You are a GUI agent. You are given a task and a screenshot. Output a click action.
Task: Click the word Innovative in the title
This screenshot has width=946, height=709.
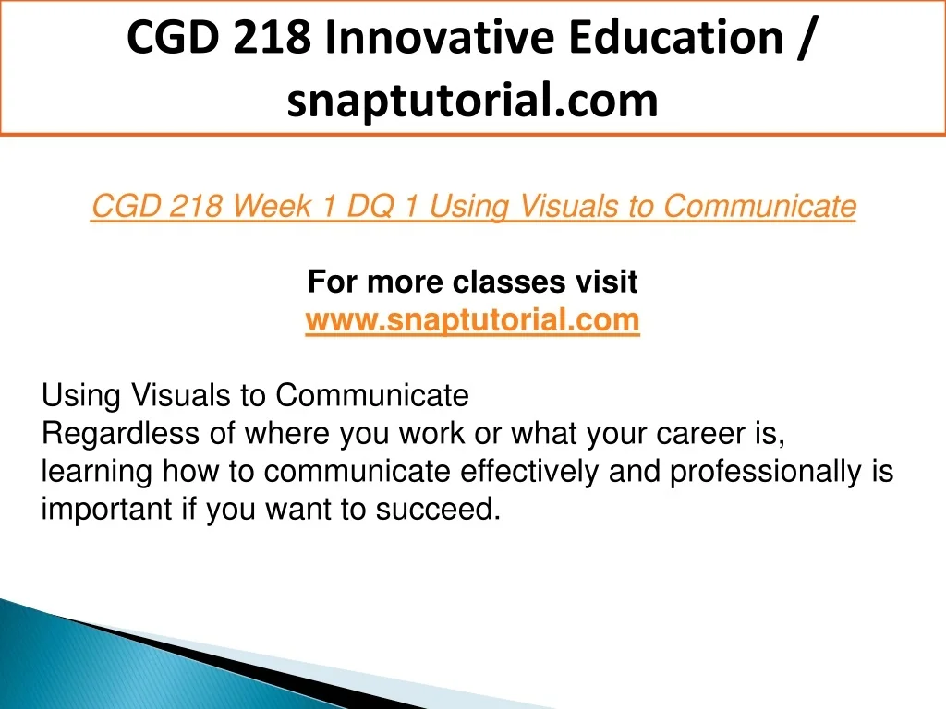point(439,37)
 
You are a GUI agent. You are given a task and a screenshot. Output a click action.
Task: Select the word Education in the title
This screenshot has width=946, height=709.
point(675,37)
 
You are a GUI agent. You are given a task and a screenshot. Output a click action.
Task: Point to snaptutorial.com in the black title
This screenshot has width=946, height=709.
point(472,100)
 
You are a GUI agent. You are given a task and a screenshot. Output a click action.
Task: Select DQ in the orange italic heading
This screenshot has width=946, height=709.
point(370,206)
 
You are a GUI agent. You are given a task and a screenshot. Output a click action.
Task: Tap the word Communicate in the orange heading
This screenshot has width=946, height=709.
point(759,206)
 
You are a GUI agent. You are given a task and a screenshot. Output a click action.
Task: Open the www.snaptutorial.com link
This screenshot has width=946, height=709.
point(472,319)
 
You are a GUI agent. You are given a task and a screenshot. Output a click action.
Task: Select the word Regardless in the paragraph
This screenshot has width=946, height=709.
point(120,434)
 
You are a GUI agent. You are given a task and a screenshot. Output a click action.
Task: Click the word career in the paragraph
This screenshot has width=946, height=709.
point(701,434)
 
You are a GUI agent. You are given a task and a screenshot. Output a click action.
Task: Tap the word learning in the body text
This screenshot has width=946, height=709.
point(96,472)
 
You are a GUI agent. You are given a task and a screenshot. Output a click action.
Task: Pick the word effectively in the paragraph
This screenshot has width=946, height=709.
point(529,472)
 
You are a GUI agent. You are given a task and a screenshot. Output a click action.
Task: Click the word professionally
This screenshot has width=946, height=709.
point(766,472)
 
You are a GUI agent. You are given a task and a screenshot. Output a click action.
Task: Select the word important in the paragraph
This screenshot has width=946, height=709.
point(107,510)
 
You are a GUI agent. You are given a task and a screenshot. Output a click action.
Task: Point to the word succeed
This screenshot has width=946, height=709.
point(438,510)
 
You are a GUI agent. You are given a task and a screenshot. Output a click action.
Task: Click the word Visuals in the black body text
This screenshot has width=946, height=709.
point(180,396)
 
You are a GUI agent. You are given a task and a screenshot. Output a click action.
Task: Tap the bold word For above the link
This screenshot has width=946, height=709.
point(333,282)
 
